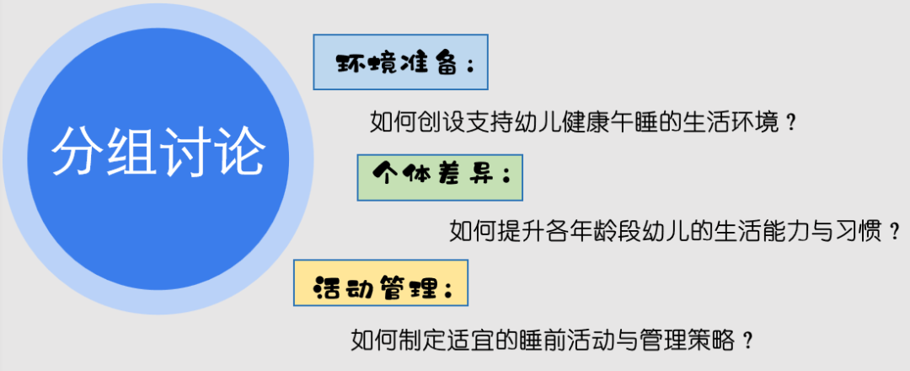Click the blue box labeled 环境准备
point(401,62)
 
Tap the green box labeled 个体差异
point(439,177)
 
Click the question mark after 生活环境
point(790,122)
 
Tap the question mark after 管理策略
point(745,341)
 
